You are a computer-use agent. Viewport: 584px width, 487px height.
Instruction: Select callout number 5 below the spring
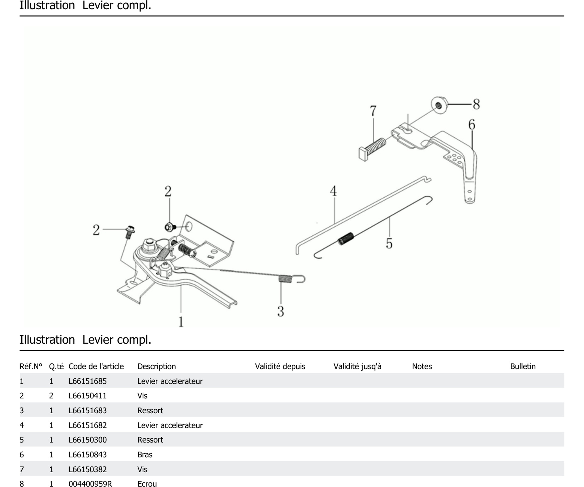coord(389,243)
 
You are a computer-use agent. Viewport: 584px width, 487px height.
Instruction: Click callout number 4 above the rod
coord(334,191)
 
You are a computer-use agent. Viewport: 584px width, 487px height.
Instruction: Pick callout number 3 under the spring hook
coord(281,311)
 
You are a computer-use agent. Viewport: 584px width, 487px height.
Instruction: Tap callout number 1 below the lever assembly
coord(181,322)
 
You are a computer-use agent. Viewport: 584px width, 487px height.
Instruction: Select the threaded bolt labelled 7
coord(373,149)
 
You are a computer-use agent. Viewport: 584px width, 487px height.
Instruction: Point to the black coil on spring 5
coord(346,238)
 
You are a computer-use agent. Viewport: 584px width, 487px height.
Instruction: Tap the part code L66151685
coord(88,381)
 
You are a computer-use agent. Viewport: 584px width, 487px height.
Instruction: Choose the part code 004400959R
coord(90,484)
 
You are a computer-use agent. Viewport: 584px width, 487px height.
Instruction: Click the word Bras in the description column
coord(145,455)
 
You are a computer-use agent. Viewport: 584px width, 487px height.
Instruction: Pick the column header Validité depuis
coord(280,366)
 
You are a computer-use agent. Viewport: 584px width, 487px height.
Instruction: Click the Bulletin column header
coord(523,366)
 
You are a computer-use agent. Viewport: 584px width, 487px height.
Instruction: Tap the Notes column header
coord(422,366)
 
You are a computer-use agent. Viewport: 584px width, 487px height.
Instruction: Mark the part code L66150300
coord(88,440)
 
